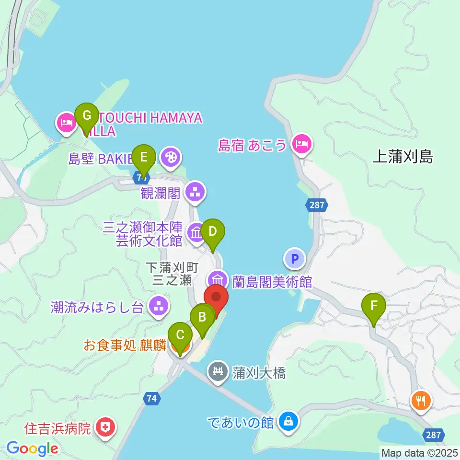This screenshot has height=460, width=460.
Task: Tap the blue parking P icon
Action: (295, 259)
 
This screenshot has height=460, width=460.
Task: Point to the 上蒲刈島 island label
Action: (402, 157)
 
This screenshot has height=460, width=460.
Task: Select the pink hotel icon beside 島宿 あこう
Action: (302, 143)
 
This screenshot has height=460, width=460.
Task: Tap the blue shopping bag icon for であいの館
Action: (288, 422)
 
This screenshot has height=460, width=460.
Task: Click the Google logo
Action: (32, 448)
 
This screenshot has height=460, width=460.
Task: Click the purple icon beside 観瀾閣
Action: (195, 193)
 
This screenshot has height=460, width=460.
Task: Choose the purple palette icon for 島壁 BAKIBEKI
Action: (170, 157)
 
